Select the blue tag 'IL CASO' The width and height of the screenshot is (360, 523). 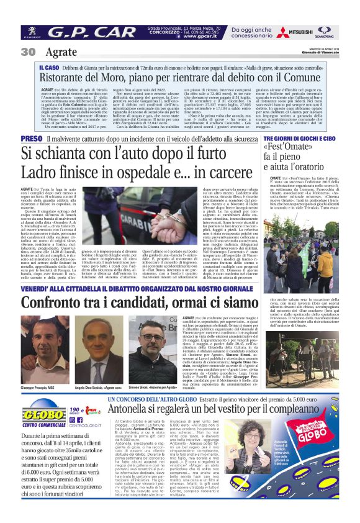[x=49, y=66]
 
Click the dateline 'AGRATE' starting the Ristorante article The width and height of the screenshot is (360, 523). [x=48, y=90]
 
